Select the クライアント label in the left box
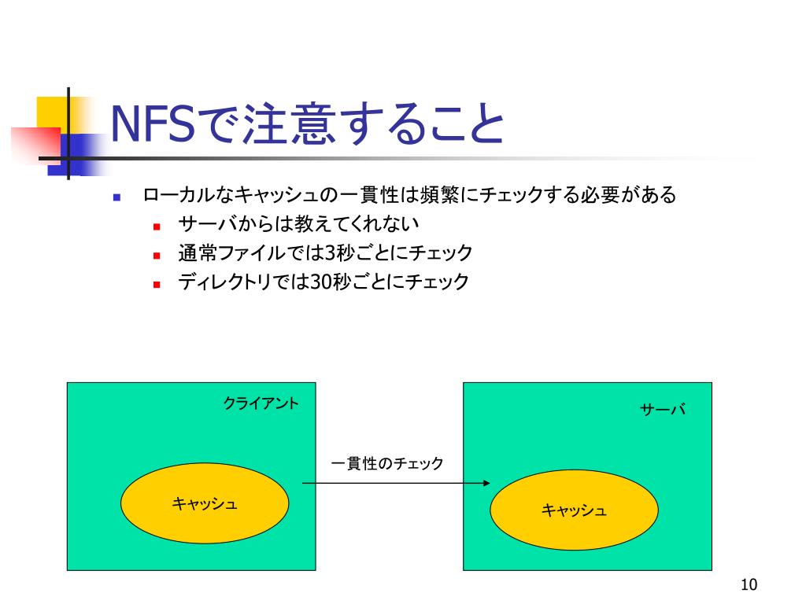(x=261, y=403)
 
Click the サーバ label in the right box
(x=662, y=410)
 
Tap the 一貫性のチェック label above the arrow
(x=386, y=464)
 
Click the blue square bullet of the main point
(x=116, y=197)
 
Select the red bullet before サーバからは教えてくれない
(x=157, y=226)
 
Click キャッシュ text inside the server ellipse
(x=574, y=511)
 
